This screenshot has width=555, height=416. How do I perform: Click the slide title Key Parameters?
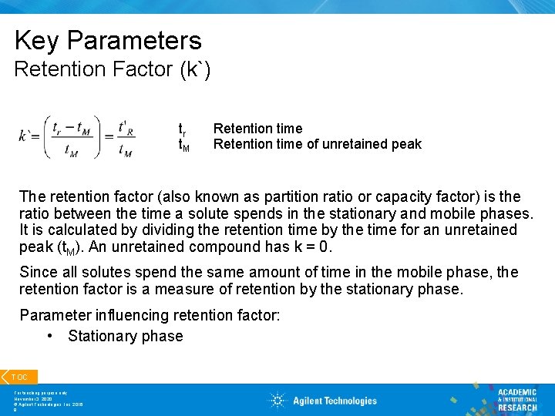tap(108, 40)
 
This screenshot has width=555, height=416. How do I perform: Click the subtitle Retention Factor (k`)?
tap(113, 69)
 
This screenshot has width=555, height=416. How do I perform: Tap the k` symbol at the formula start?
tap(29, 136)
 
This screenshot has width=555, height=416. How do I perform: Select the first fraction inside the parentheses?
tap(72, 136)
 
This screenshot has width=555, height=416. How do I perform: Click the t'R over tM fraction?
tap(125, 136)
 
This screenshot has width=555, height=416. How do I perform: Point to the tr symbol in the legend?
tap(182, 129)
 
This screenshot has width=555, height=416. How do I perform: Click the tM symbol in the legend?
tap(183, 145)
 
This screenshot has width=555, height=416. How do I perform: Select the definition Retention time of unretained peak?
tap(317, 144)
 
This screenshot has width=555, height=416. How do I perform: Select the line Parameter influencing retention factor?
tap(150, 315)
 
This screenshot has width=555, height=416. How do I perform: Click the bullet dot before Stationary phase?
tap(49, 337)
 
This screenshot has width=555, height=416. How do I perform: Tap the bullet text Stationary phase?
tap(125, 337)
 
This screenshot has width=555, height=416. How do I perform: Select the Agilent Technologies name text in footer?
tap(335, 401)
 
